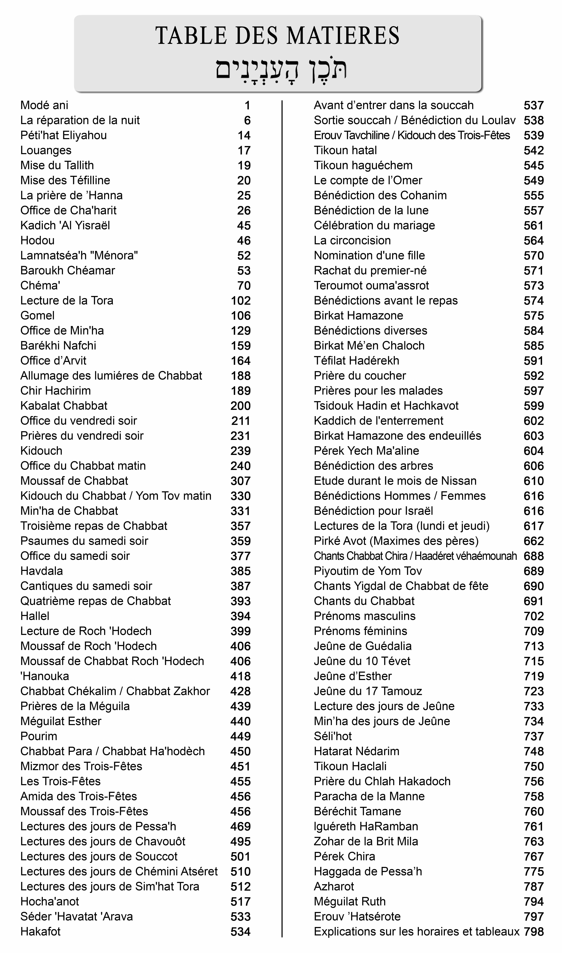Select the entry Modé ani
(x=44, y=105)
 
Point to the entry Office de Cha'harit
(x=68, y=210)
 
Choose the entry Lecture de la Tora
(x=67, y=301)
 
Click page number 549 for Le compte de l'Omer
(x=534, y=181)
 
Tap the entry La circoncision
(x=352, y=240)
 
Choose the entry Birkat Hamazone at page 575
(x=358, y=316)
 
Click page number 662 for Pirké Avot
(x=534, y=541)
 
